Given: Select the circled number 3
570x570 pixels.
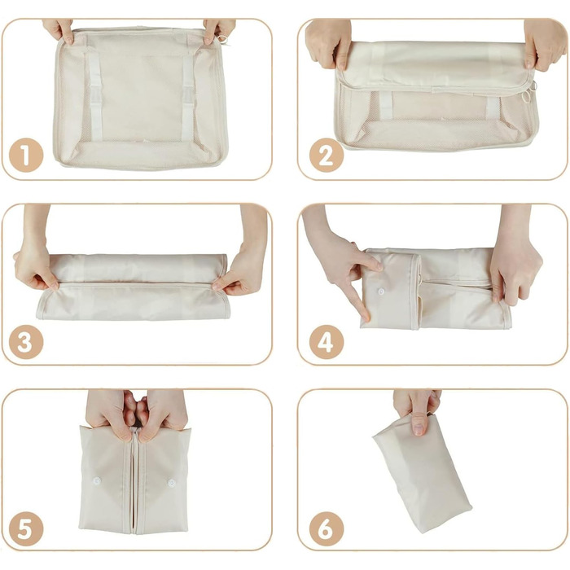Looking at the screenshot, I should [27, 342].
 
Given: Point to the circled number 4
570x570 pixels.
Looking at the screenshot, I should [326, 342].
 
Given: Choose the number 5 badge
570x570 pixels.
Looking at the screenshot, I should [27, 528].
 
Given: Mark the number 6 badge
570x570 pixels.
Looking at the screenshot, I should [326, 528].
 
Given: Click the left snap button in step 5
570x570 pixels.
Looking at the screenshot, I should [97, 482].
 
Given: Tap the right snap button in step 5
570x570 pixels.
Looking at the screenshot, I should [172, 483].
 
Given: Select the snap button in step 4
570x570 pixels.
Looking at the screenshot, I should [381, 291].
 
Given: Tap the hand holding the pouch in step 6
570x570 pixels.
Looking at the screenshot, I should [417, 408].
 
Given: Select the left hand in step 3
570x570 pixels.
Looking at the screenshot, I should [35, 265].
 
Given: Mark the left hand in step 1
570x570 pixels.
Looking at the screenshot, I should [59, 30].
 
